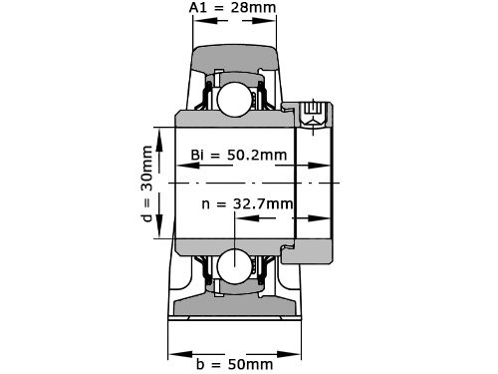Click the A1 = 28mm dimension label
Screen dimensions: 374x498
pos(233,9)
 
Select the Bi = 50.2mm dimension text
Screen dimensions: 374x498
pos(238,156)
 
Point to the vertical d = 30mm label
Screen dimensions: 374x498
pos(146,183)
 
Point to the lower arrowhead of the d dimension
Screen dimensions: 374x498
pos(160,234)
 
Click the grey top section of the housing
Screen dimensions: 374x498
pos(233,55)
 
